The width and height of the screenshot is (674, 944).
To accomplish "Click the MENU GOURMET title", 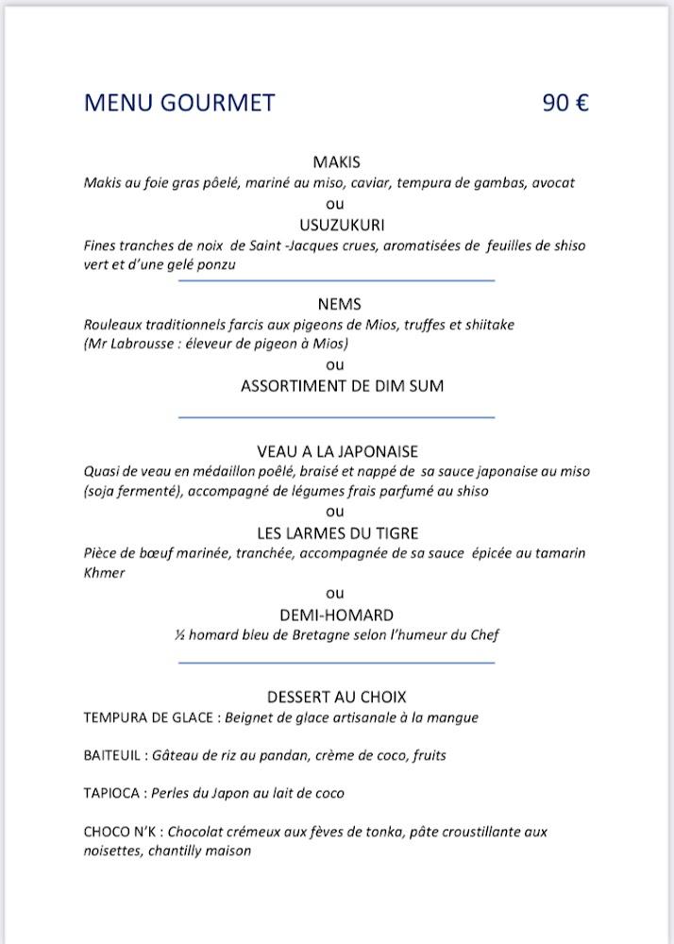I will click(x=179, y=103).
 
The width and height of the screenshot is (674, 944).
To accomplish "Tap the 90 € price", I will click(x=565, y=103).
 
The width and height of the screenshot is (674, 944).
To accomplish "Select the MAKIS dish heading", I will click(x=336, y=162).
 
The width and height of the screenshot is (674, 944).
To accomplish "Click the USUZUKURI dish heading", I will click(x=336, y=225).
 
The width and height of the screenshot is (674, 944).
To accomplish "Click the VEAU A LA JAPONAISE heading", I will click(x=336, y=451).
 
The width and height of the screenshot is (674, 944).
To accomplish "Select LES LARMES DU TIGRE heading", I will click(x=336, y=533).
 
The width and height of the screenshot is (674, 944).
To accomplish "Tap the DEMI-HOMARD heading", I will click(x=336, y=615).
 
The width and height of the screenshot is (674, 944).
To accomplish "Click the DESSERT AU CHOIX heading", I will click(x=336, y=697).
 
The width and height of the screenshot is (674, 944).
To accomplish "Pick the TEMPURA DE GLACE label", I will click(x=150, y=717).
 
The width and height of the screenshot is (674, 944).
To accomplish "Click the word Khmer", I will click(x=104, y=573).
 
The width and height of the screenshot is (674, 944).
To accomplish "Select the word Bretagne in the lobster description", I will click(x=303, y=635).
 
